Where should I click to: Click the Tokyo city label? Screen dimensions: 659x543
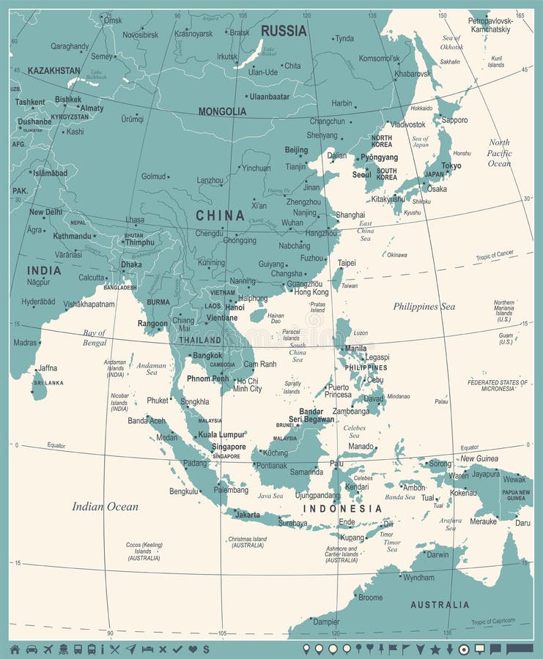click(451, 165)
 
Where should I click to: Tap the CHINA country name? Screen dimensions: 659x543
click(220, 215)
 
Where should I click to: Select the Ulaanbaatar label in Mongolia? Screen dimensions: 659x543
click(269, 96)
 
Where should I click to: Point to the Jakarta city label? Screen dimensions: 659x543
click(247, 514)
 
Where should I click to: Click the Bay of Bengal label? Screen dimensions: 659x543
click(95, 338)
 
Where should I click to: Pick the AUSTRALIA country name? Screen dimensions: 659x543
click(440, 605)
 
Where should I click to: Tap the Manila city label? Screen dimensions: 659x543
click(355, 349)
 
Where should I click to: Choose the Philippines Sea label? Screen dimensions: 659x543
click(424, 307)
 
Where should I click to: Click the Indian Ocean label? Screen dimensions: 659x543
click(105, 506)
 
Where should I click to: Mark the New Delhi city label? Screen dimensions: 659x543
click(45, 212)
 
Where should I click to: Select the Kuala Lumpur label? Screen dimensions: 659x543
click(221, 435)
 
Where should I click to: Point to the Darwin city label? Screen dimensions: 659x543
click(437, 554)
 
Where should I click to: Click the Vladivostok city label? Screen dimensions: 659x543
click(407, 124)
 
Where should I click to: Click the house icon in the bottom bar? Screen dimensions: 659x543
click(15, 649)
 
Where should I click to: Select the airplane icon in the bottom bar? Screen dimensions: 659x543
click(48, 649)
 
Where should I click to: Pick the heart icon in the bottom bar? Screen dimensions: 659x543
click(193, 649)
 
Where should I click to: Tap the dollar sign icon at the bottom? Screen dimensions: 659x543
click(207, 649)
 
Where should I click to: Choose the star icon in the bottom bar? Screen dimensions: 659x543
click(435, 649)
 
